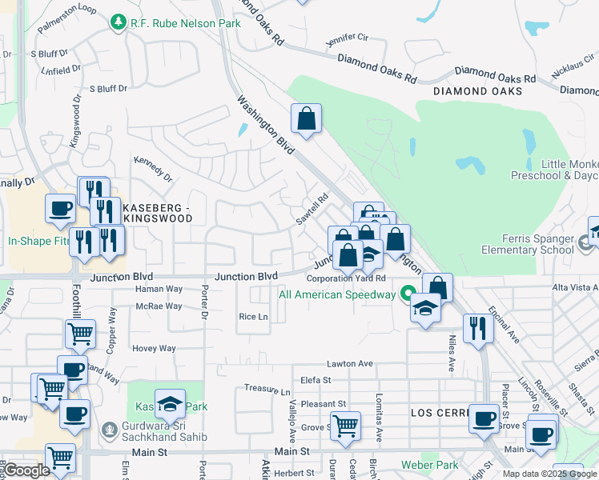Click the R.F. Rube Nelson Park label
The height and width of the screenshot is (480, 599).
[185, 24]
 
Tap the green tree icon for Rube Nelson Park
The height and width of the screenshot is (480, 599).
[119, 22]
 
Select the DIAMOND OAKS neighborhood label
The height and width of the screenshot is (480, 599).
[477, 91]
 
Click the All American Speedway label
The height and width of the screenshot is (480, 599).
[337, 294]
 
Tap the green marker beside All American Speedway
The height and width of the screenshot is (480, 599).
[408, 294]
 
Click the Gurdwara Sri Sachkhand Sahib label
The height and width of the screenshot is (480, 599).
[166, 431]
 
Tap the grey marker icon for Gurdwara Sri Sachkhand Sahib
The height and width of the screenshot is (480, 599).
[110, 430]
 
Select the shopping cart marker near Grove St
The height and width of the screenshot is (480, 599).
[345, 425]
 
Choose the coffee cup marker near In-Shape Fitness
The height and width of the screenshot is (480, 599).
[60, 208]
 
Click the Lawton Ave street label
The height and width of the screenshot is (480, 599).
[350, 363]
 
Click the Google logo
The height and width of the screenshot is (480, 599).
[26, 471]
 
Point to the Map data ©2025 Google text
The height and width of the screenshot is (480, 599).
[549, 474]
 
